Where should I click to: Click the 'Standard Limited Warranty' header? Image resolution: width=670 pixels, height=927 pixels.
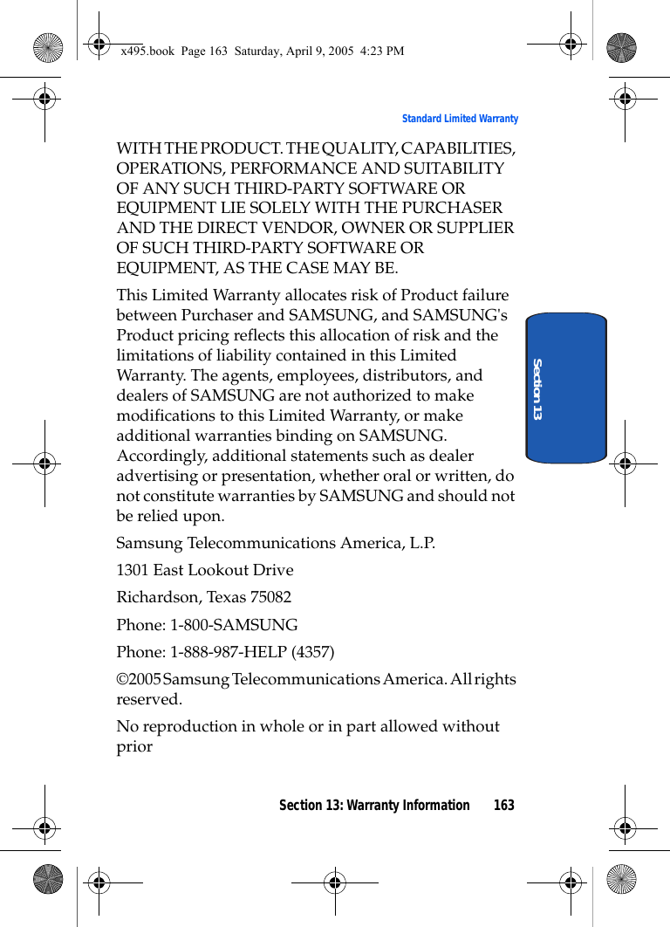[x=460, y=119]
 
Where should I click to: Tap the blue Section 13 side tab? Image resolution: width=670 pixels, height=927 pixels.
[x=566, y=387]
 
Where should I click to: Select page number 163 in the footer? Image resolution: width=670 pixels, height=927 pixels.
[x=503, y=805]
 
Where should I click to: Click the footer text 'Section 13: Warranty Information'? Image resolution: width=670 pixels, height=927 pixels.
[x=373, y=805]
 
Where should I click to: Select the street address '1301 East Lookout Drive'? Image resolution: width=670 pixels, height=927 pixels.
[x=205, y=570]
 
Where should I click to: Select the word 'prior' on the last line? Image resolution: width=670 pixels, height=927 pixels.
[x=134, y=746]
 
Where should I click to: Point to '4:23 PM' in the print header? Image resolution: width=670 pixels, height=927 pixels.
[x=384, y=51]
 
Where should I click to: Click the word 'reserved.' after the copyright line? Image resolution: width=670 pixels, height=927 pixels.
[x=149, y=699]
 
